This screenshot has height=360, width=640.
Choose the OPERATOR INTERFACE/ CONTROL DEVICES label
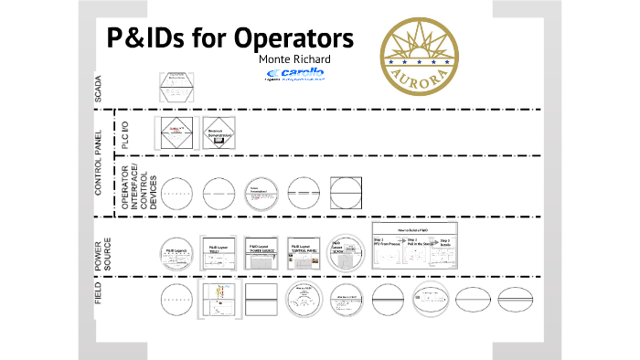(139, 190)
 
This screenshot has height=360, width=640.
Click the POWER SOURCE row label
(102, 248)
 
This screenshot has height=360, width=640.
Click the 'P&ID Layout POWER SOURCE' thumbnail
(261, 251)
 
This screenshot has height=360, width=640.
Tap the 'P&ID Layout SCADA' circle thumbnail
(344, 251)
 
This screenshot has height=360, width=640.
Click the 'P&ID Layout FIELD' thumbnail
(219, 251)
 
